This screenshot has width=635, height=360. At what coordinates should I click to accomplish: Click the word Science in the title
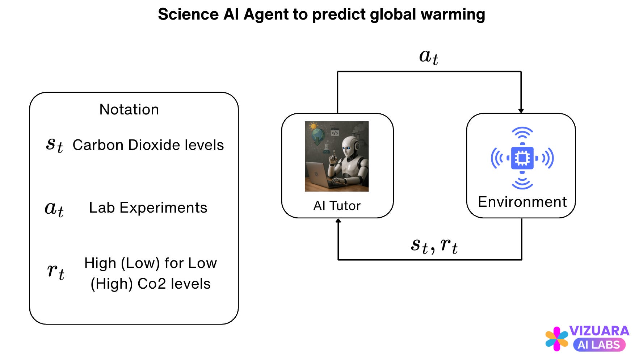click(188, 14)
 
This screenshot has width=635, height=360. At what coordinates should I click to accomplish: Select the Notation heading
click(129, 109)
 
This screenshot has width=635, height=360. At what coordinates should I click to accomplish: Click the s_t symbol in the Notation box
click(55, 145)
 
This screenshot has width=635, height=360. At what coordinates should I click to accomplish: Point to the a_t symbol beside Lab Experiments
click(54, 209)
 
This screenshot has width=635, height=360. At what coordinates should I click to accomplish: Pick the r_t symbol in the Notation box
click(56, 271)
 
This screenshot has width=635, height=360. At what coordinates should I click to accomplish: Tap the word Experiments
click(163, 208)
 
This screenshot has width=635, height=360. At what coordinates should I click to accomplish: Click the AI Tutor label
click(337, 206)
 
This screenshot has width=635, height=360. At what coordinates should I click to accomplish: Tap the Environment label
click(522, 202)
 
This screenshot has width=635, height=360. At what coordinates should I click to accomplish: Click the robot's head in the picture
click(349, 147)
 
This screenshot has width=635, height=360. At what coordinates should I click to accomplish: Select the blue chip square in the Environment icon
click(522, 158)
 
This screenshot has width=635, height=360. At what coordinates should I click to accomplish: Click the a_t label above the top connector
click(429, 57)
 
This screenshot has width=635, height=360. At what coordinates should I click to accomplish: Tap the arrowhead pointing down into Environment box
click(521, 111)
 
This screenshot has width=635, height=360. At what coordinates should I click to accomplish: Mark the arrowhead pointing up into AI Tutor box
click(338, 221)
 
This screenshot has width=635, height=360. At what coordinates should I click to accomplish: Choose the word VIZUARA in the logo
click(599, 331)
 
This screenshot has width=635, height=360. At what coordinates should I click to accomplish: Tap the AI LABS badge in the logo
click(599, 345)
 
